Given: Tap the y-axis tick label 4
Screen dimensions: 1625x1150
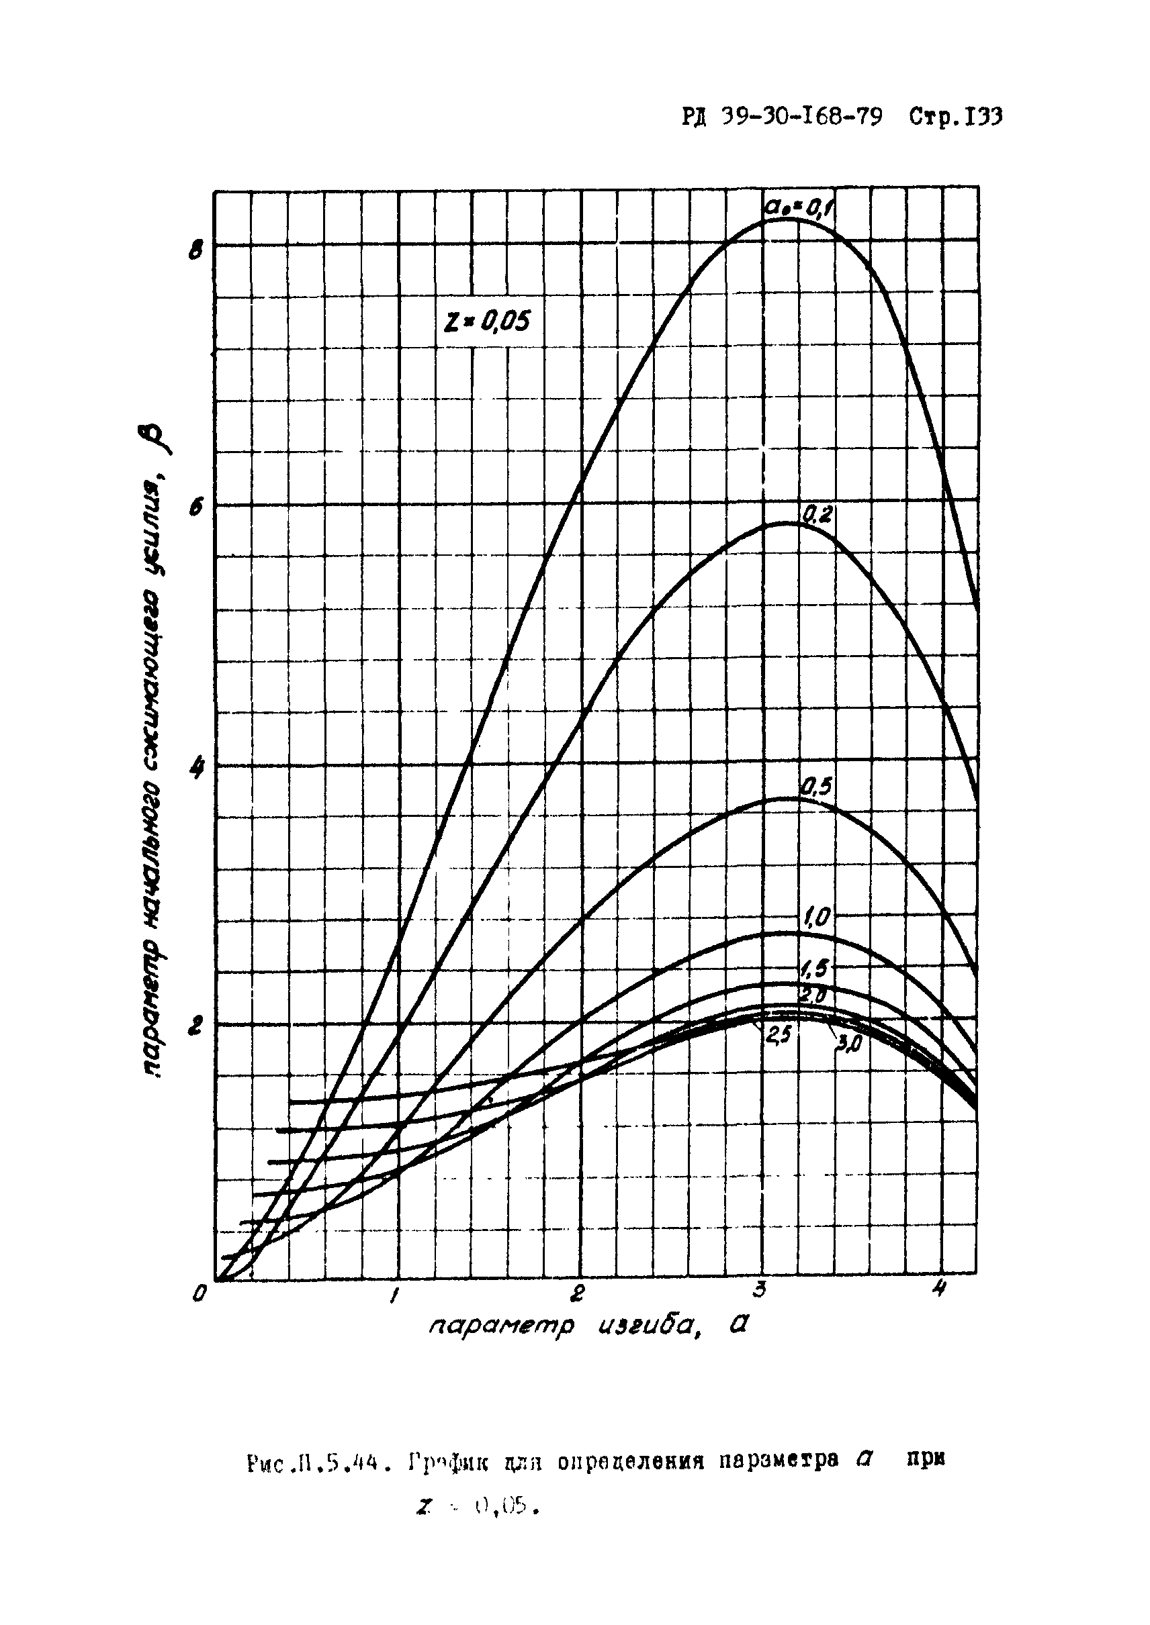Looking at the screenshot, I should click(x=197, y=769).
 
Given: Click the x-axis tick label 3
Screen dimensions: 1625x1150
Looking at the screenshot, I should click(x=760, y=1289).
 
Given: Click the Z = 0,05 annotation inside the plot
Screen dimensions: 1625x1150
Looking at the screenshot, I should click(x=486, y=323).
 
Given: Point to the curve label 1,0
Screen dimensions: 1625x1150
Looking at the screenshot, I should click(x=820, y=918).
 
